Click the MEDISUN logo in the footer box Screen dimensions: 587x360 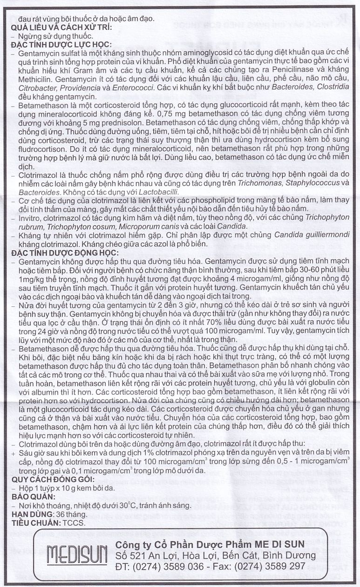[74, 555]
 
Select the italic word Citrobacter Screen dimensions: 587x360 [36, 88]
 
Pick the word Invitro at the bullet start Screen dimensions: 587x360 [30, 217]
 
